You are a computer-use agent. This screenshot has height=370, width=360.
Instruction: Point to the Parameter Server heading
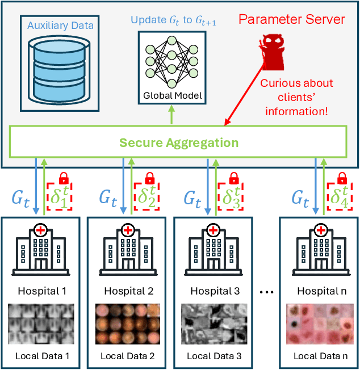(x=291, y=19)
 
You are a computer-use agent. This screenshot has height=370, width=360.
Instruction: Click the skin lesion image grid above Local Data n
(x=321, y=324)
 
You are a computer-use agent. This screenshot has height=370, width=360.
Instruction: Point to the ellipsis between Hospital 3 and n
(x=267, y=292)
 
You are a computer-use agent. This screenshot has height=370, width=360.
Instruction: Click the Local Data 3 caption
(x=214, y=356)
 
